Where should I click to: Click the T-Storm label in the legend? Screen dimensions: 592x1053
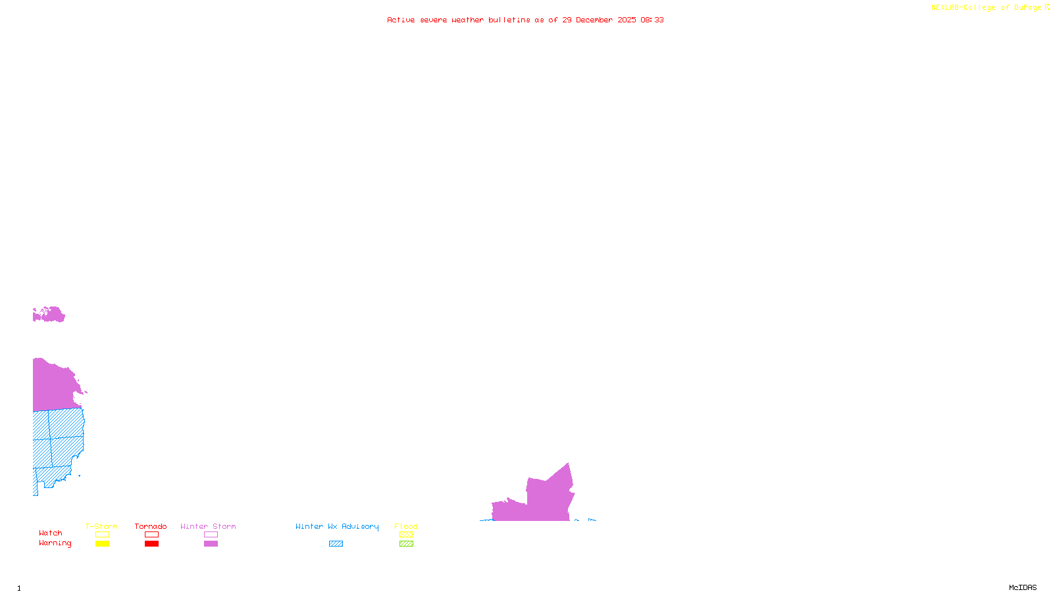101,526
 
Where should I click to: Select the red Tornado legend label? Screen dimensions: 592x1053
151,526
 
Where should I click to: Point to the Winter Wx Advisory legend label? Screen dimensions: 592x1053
337,526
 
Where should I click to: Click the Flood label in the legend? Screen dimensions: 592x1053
406,526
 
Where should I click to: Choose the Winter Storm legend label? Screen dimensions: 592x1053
208,526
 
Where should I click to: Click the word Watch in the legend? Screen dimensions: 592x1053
51,533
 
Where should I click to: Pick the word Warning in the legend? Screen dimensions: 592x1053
55,543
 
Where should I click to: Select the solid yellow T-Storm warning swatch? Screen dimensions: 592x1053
102,544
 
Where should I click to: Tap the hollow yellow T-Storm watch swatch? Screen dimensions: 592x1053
102,535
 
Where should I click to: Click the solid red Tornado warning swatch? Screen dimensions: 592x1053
151,544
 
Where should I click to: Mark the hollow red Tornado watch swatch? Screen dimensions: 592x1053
151,535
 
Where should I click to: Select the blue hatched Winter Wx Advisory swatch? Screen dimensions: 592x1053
336,544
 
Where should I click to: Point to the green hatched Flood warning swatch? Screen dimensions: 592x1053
406,544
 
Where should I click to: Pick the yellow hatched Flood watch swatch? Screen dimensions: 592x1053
406,535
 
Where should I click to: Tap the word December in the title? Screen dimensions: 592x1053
594,20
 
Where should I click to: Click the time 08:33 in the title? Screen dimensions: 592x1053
652,20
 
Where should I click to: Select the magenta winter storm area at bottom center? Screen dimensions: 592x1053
546,500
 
